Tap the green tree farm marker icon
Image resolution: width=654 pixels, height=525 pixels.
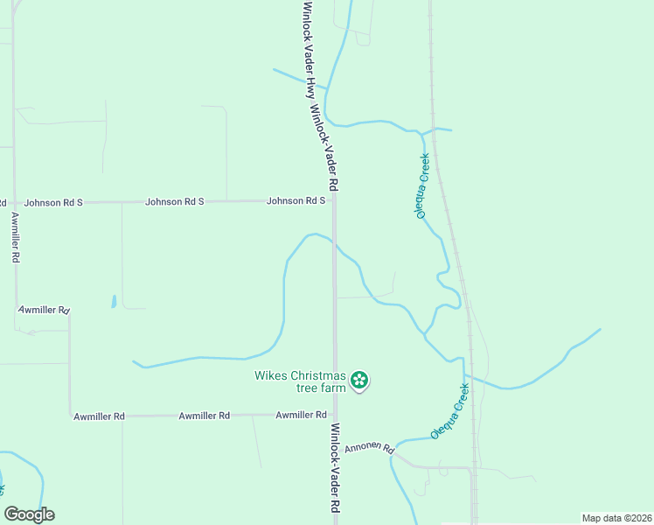(358, 380)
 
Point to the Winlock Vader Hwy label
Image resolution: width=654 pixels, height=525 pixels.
(310, 52)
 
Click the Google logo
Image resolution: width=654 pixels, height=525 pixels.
(29, 514)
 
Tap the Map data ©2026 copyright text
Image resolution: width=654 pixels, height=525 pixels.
(616, 518)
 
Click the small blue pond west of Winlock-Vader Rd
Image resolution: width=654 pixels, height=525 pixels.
(114, 302)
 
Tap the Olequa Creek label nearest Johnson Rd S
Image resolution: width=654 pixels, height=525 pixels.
(422, 185)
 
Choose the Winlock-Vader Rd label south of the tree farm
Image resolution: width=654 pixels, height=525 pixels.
(335, 468)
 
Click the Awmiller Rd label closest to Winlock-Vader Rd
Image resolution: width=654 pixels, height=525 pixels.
(301, 415)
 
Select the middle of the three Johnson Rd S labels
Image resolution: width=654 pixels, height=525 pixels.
(174, 201)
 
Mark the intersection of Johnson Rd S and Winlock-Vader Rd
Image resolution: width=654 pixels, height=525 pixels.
(334, 201)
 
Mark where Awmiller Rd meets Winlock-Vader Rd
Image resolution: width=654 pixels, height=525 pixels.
(334, 415)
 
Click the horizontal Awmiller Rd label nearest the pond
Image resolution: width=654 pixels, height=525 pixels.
(44, 310)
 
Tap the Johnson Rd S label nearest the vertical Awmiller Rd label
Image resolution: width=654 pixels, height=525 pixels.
(52, 202)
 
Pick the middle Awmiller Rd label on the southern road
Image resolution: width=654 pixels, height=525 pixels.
(204, 416)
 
